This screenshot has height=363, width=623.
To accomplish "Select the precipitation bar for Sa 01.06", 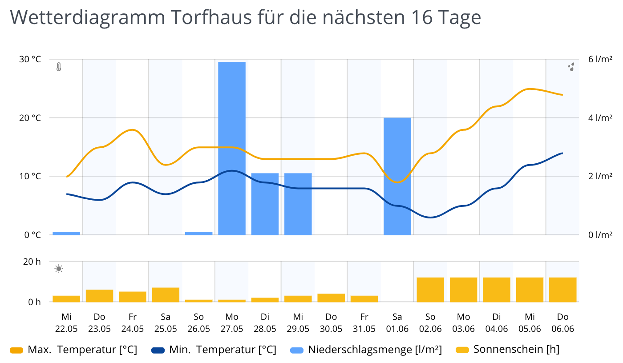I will point(397,176).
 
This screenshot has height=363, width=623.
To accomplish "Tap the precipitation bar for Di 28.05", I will point(265,204).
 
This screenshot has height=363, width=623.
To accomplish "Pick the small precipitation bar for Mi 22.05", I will point(66,233).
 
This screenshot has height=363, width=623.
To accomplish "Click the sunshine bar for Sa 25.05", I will point(166,294).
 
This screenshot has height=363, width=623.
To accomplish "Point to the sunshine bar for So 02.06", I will point(430,290).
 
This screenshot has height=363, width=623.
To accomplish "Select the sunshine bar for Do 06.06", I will point(562,290).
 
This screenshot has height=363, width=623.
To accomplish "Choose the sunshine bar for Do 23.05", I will point(99,296).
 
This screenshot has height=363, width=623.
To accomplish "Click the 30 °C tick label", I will point(30,59).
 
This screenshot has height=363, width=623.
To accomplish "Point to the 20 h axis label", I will point(32,262).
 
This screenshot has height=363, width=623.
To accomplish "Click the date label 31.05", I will point(364,329).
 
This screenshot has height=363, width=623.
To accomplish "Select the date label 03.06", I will point(463,329).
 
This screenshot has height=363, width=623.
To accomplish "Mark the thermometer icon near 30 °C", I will point(58,67).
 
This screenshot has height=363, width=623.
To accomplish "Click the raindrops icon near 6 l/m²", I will point(571,67).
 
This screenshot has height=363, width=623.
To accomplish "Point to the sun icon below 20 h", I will point(59,269).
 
